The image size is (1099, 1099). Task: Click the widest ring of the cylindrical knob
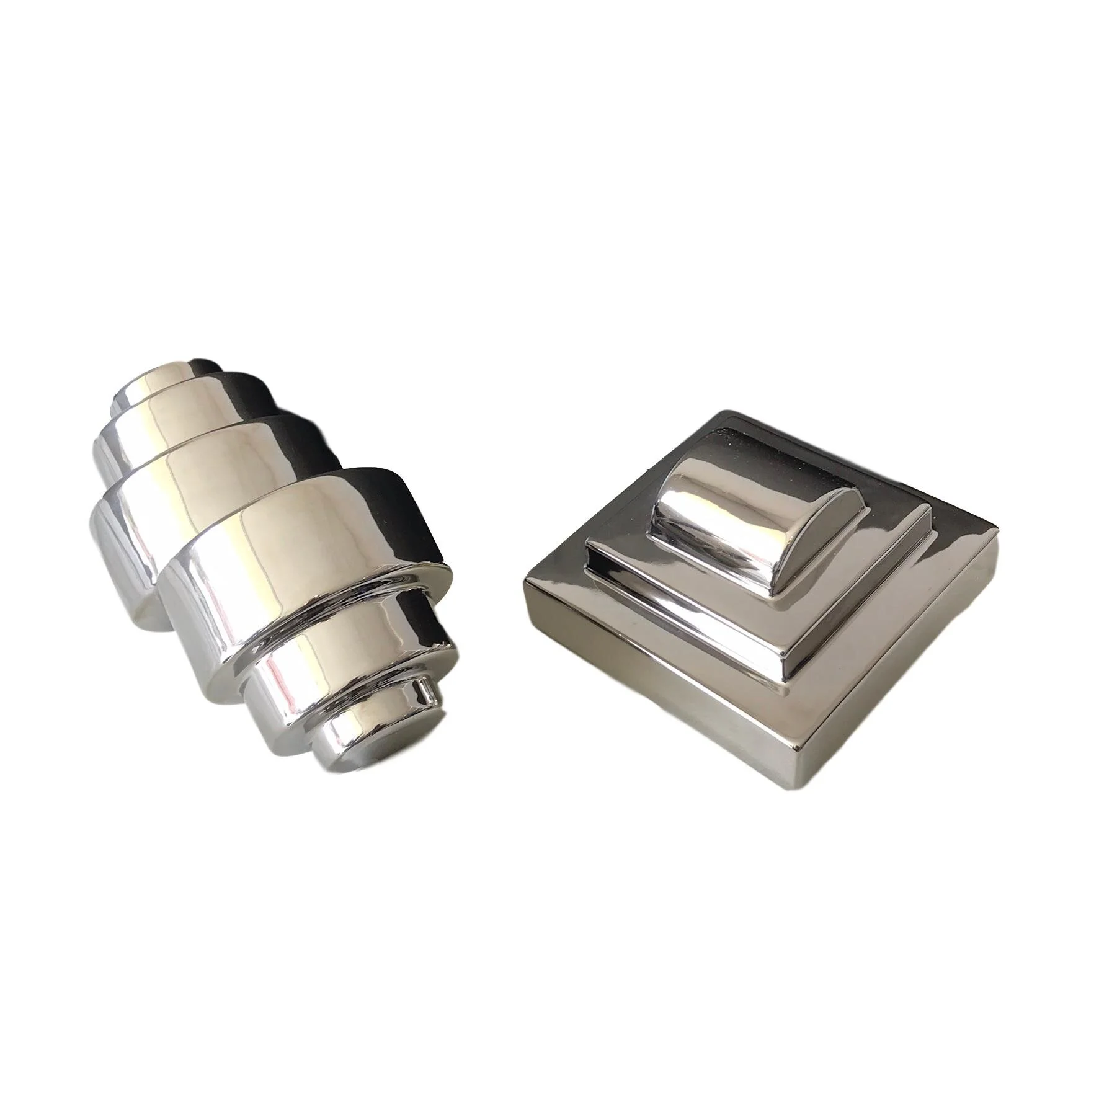click(291, 533)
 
